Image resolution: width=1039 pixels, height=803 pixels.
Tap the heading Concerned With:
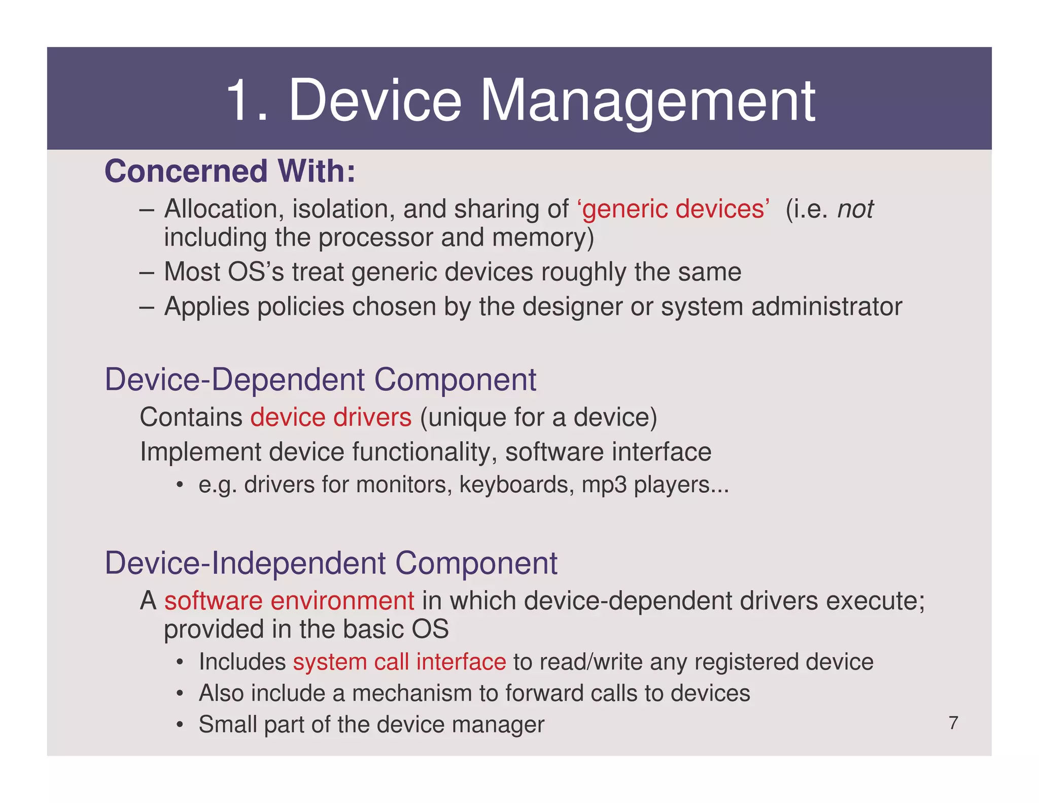click(230, 171)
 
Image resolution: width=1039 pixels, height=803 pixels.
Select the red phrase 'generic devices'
click(673, 209)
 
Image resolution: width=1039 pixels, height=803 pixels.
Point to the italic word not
click(855, 209)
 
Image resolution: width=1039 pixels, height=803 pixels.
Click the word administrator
click(826, 307)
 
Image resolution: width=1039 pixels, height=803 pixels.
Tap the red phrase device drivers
click(331, 417)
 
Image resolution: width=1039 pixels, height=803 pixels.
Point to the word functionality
click(424, 452)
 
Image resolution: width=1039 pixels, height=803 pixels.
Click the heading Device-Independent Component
click(331, 563)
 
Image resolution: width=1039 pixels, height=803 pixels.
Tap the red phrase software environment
click(289, 601)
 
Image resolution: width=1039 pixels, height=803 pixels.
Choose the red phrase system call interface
click(399, 662)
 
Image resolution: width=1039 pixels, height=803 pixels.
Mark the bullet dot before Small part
click(180, 725)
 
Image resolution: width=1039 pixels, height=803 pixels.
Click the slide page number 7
click(953, 723)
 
